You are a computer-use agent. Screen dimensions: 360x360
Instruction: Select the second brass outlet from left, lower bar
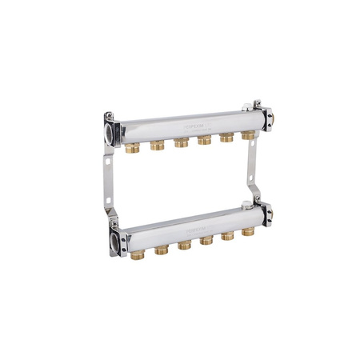[162, 249]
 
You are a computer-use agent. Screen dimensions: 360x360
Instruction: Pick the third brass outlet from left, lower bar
[184, 245]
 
